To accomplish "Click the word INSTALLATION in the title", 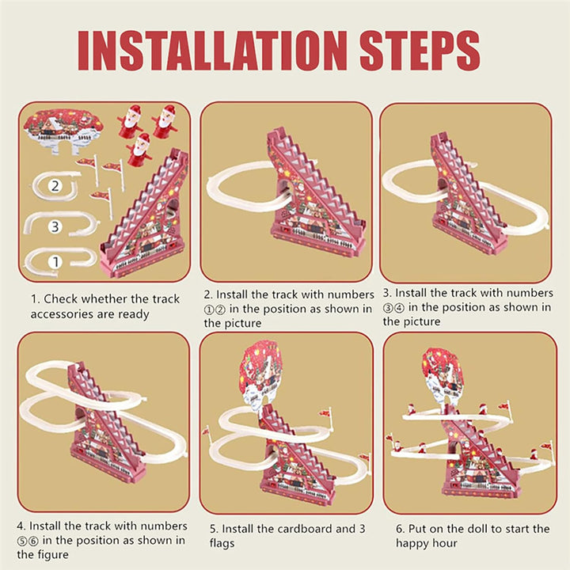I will pos(213,51).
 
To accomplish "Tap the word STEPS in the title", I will pos(420,51).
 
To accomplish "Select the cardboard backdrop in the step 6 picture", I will pos(443,374).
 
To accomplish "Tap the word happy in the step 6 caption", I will pos(416,543).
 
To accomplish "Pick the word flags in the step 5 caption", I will pos(226,543).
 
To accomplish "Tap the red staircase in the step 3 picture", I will pos(468,190).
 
